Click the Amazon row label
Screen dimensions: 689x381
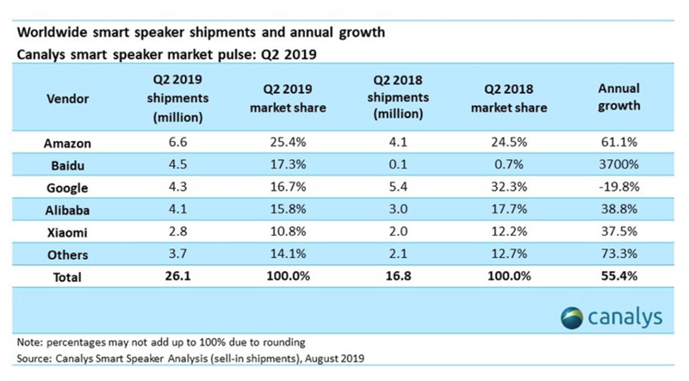(67, 144)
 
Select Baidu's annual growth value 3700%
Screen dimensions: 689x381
(618, 164)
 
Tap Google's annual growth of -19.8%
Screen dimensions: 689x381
(618, 187)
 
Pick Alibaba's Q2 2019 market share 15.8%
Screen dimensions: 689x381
(288, 208)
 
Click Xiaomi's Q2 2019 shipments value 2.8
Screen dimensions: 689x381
(178, 230)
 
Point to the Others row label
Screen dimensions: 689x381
(68, 255)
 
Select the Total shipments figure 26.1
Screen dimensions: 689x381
(178, 276)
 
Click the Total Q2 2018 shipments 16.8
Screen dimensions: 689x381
(398, 276)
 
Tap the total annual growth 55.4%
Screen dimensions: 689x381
(618, 276)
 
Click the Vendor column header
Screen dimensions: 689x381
(68, 99)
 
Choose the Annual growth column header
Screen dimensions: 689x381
(618, 97)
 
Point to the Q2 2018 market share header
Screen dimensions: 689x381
(509, 98)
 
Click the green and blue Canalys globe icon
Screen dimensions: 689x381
(572, 318)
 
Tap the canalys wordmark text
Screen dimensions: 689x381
(625, 316)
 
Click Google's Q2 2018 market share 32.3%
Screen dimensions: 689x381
(509, 187)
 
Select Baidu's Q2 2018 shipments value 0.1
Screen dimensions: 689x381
(398, 164)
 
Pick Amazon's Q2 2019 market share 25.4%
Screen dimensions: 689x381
(288, 142)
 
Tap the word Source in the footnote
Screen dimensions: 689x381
(33, 359)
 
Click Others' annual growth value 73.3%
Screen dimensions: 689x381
(618, 253)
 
